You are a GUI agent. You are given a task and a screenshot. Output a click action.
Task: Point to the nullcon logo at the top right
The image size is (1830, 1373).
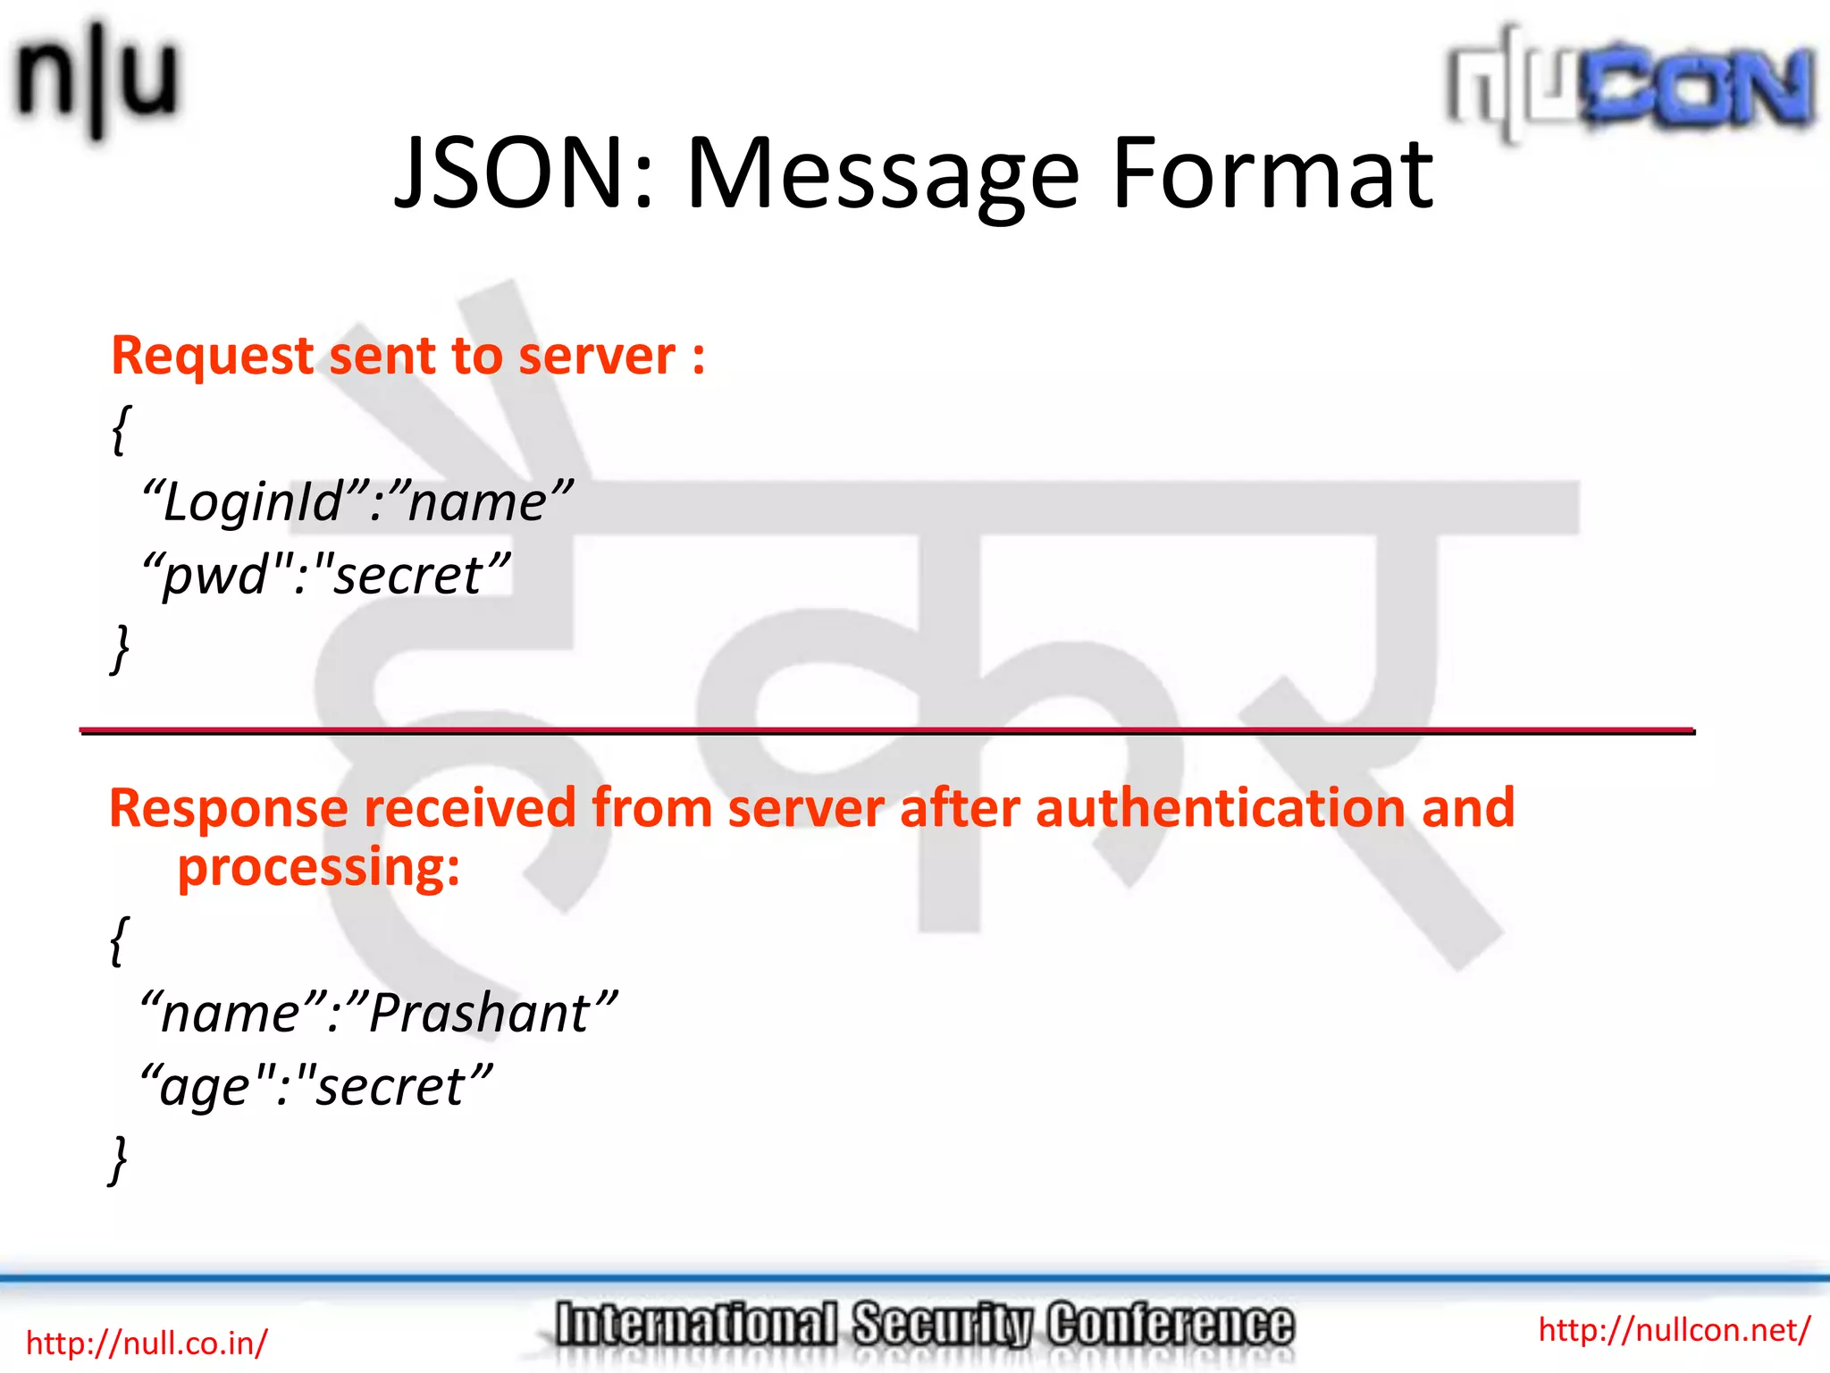pyautogui.click(x=1630, y=85)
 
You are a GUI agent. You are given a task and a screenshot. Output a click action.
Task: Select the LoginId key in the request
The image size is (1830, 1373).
pyautogui.click(x=255, y=501)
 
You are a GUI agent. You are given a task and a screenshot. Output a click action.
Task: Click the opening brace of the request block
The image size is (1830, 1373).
pyautogui.click(x=122, y=429)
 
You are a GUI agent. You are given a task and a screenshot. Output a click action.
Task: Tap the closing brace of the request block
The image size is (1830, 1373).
pyautogui.click(x=120, y=647)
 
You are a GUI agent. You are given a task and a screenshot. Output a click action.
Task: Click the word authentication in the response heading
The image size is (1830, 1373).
pyautogui.click(x=1221, y=808)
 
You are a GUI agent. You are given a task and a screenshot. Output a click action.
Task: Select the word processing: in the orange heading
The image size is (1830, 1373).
pyautogui.click(x=318, y=867)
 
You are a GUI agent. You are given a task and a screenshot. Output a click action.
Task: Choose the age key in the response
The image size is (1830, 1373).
pyautogui.click(x=205, y=1087)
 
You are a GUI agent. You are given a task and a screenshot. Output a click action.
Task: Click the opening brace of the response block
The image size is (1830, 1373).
pyautogui.click(x=120, y=940)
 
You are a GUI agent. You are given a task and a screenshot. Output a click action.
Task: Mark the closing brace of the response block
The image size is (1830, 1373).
pyautogui.click(x=118, y=1159)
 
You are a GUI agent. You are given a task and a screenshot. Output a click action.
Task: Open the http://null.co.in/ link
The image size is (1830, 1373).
pyautogui.click(x=147, y=1343)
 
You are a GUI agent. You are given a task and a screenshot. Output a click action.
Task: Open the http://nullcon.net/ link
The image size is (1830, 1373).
pyautogui.click(x=1674, y=1329)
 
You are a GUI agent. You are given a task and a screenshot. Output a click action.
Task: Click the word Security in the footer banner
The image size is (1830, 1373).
pyautogui.click(x=943, y=1325)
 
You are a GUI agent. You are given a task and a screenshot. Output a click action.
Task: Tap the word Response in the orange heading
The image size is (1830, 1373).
pyautogui.click(x=229, y=808)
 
